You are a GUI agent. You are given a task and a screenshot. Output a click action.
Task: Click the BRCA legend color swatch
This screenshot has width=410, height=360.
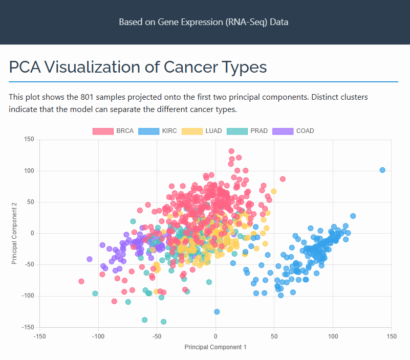103,131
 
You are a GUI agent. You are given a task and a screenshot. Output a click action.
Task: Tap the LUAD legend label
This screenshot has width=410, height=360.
213,131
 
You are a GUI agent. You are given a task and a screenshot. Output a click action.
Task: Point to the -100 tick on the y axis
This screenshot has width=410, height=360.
27,296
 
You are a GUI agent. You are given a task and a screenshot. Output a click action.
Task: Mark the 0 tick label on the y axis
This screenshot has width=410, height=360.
32,233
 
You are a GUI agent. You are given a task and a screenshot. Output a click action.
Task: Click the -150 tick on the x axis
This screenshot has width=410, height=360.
39,336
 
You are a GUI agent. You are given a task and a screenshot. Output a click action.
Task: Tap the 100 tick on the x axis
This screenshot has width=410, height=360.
333,336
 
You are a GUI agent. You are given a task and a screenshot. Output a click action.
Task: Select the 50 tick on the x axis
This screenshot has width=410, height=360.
274,336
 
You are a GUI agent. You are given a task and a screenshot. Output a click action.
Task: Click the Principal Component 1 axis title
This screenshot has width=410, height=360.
215,347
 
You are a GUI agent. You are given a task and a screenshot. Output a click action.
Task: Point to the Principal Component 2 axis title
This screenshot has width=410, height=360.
15,233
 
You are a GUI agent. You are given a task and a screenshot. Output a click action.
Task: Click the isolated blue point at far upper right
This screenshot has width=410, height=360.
382,170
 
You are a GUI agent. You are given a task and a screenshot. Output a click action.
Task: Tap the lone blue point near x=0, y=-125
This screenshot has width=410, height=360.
217,311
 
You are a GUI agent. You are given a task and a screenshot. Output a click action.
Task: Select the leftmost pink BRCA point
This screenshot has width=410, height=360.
81,281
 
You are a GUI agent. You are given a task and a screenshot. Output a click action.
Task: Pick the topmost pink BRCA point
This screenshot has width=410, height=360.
231,151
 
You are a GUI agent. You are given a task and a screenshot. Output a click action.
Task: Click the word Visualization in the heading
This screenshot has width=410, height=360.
102,67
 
